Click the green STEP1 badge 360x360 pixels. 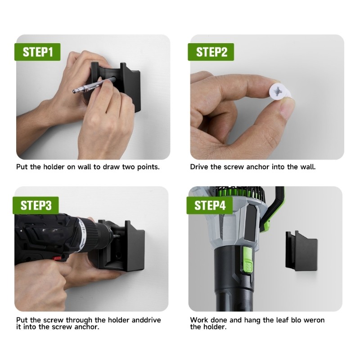pos(38,52)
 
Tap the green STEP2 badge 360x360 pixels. pos(211,52)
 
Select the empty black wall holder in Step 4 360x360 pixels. pos(301,252)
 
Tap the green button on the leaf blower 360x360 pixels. pos(248,263)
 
